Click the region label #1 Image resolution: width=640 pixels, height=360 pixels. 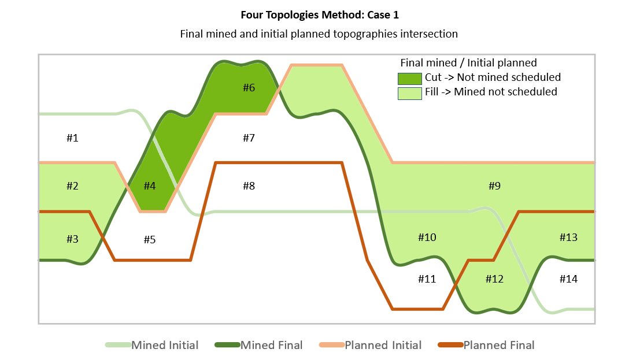pyautogui.click(x=72, y=138)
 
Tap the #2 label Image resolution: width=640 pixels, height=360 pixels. pyautogui.click(x=72, y=186)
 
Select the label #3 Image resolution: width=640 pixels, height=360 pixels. pyautogui.click(x=72, y=238)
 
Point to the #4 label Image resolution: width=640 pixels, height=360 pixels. pyautogui.click(x=150, y=186)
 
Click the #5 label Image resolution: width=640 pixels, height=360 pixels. pyautogui.click(x=150, y=239)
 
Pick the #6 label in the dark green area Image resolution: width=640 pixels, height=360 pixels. pyautogui.click(x=249, y=88)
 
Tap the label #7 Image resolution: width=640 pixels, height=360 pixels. pyautogui.click(x=249, y=138)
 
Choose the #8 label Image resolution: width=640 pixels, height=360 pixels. pyautogui.click(x=249, y=186)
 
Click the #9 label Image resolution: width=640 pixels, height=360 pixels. pyautogui.click(x=494, y=186)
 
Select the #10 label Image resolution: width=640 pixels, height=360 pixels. pyautogui.click(x=427, y=237)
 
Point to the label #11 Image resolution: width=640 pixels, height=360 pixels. pyautogui.click(x=427, y=279)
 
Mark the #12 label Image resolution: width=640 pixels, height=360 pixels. pyautogui.click(x=494, y=279)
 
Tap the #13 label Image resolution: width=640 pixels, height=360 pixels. pyautogui.click(x=568, y=237)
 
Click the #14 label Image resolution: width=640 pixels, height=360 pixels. pyautogui.click(x=568, y=279)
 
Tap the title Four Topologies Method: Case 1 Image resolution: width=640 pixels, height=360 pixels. pyautogui.click(x=319, y=15)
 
